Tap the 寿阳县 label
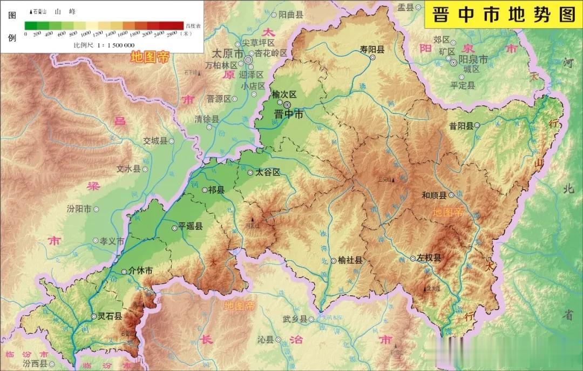tap(372, 49)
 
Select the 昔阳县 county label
tap(461, 126)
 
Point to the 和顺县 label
tap(434, 195)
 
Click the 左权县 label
tap(429, 258)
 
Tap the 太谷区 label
tap(268, 172)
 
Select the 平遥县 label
tap(191, 227)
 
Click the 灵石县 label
tap(110, 316)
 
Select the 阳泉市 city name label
tap(473, 59)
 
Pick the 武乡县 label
tap(295, 319)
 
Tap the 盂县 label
tap(405, 7)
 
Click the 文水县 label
tap(128, 168)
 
